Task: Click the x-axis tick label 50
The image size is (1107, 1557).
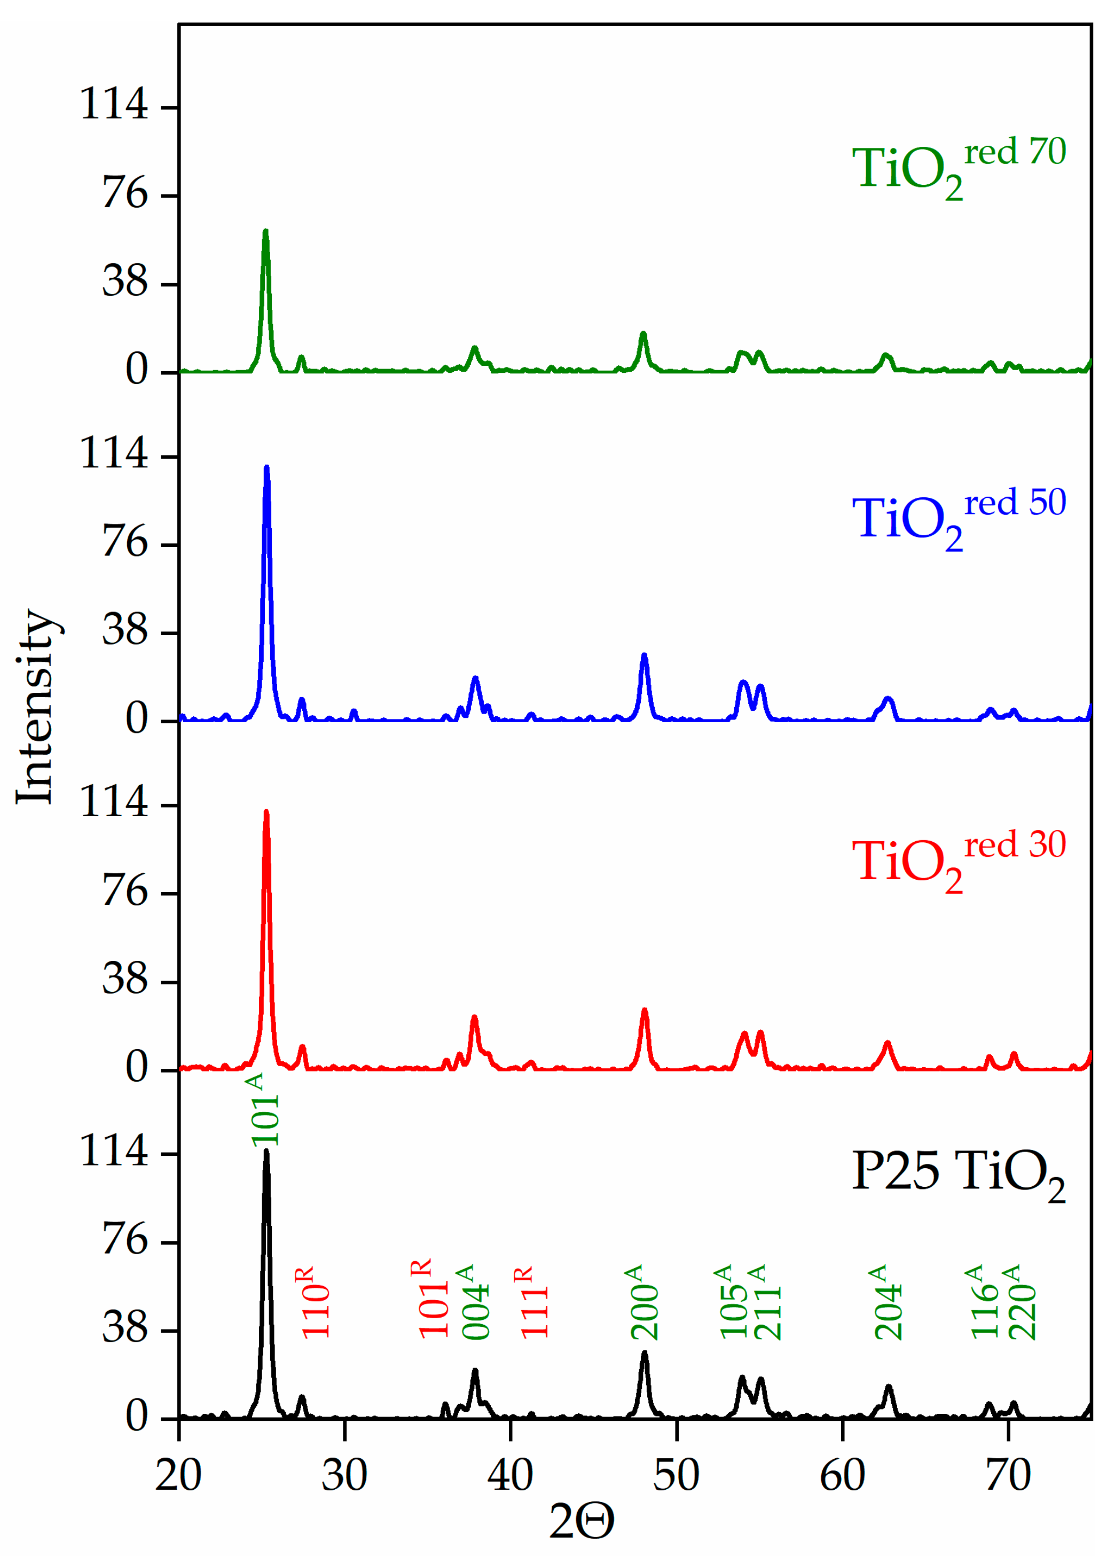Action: [x=676, y=1476]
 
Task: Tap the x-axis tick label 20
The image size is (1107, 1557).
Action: [x=178, y=1476]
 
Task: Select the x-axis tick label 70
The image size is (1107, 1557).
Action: [x=1008, y=1476]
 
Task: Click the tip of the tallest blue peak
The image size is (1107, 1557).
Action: [x=266, y=468]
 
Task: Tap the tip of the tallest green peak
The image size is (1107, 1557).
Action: [x=266, y=232]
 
